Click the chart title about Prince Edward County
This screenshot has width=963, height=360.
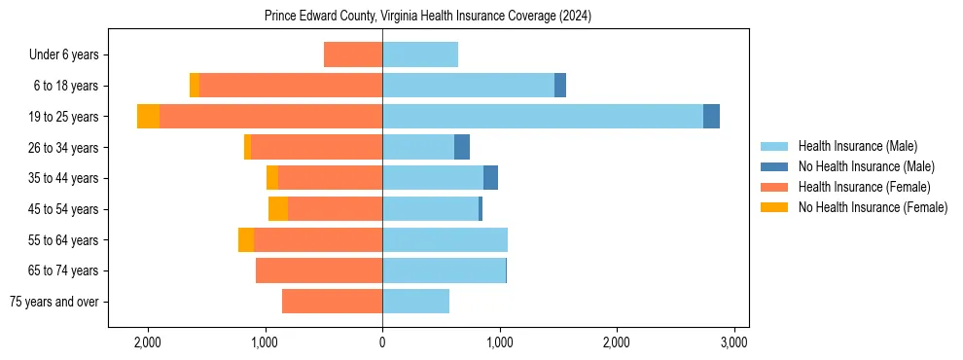427,17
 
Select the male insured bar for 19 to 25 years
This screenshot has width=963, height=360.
543,117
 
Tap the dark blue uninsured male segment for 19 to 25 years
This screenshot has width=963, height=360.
711,117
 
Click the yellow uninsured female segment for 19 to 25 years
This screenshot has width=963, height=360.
148,117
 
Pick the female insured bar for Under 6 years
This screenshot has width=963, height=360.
353,54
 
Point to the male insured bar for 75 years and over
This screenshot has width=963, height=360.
416,302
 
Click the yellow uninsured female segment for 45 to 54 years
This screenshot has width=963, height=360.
278,209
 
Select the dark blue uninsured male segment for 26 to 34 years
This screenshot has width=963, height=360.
462,147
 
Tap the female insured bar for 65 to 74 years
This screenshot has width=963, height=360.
319,270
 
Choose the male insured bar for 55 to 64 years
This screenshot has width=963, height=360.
445,240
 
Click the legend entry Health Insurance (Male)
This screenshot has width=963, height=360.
857,146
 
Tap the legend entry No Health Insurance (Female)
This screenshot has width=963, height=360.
873,207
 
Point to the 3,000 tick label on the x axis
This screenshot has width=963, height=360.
733,342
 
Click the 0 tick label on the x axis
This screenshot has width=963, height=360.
382,342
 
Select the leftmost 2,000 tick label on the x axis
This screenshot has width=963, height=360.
148,342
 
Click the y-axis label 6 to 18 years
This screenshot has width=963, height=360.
66,86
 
